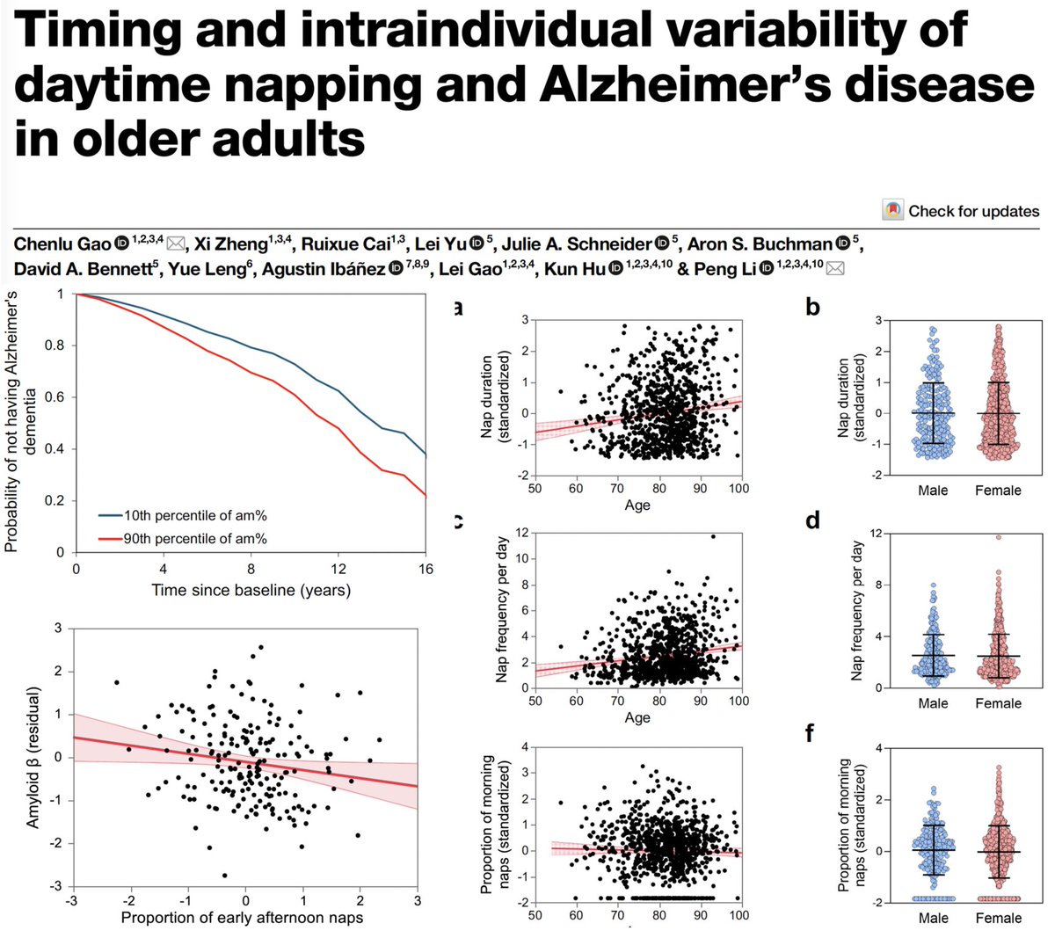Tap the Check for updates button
[x=961, y=211]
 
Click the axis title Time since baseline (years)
[x=251, y=590]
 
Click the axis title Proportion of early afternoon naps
[x=242, y=918]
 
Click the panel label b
[x=813, y=307]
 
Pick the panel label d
[x=813, y=520]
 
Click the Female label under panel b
[x=998, y=490]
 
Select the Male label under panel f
[x=933, y=918]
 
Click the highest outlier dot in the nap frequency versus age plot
[x=713, y=536]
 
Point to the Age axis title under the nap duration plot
[x=637, y=505]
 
